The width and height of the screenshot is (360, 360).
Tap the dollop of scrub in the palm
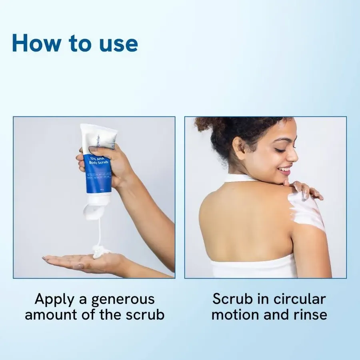101,251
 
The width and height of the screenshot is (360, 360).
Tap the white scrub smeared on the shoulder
307,210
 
